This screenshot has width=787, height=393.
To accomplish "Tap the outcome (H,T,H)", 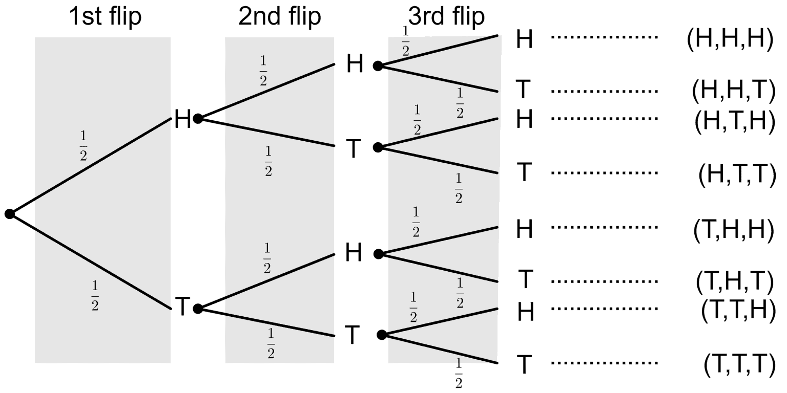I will (x=734, y=121).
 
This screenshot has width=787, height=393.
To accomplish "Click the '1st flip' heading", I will (x=106, y=17).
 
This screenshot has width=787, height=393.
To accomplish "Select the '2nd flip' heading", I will (x=280, y=17).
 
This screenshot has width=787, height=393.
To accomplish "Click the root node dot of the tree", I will (x=9, y=214).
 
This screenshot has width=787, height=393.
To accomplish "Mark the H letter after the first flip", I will (x=182, y=119).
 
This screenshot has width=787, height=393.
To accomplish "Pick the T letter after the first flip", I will (x=182, y=307).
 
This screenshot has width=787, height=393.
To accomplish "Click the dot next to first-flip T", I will (x=198, y=309).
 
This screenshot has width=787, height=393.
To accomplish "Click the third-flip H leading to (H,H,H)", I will (x=525, y=39).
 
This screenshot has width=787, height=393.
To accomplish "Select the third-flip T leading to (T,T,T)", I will (x=524, y=365).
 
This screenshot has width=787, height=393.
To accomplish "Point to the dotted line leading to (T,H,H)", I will (x=605, y=226).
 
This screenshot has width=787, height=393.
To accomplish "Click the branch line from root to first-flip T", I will (x=90, y=261).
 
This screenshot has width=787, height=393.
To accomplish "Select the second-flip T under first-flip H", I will (x=354, y=149).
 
